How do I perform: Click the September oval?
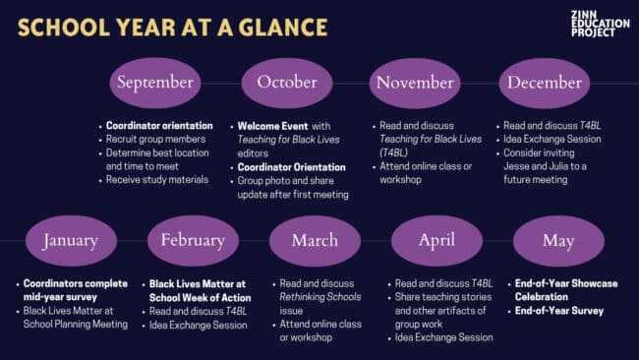pyautogui.click(x=155, y=83)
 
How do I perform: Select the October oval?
pyautogui.click(x=287, y=83)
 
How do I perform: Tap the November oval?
pyautogui.click(x=415, y=83)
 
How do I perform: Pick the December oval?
pyautogui.click(x=545, y=83)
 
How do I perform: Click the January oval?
pyautogui.click(x=71, y=241)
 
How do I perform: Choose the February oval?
pyautogui.click(x=193, y=241)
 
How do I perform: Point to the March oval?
pyautogui.click(x=315, y=241)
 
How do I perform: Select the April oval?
pyautogui.click(x=436, y=241)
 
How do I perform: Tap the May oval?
pyautogui.click(x=558, y=241)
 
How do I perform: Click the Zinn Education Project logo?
pyautogui.click(x=600, y=24)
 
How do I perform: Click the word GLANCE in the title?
pyautogui.click(x=283, y=28)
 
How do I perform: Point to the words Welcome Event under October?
pyautogui.click(x=272, y=126)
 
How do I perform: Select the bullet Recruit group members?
pyautogui.click(x=155, y=139)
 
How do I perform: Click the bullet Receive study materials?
pyautogui.click(x=157, y=180)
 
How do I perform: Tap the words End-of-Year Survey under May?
pyautogui.click(x=559, y=311)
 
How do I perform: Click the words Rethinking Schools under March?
pyautogui.click(x=320, y=297)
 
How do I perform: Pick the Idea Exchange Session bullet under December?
pyautogui.click(x=552, y=139)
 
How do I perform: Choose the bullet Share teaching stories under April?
pyautogui.click(x=443, y=297)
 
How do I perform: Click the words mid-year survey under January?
pyautogui.click(x=60, y=297)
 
